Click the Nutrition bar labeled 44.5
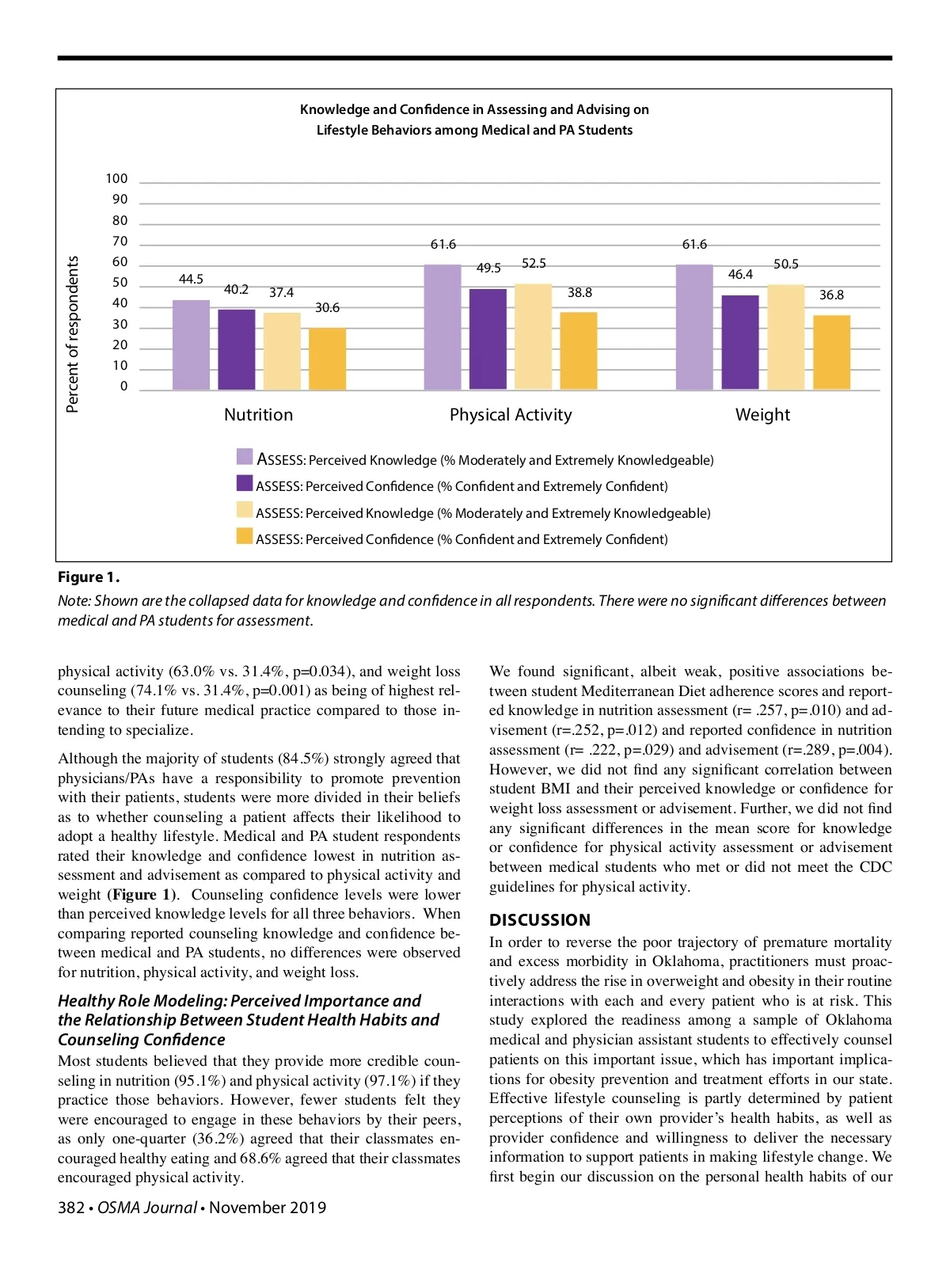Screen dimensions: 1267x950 [191, 345]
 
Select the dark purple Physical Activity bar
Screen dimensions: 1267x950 [488, 339]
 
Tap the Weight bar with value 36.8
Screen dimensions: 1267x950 [831, 352]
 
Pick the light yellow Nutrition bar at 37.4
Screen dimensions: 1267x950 [282, 351]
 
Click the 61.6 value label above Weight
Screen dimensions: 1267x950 [694, 245]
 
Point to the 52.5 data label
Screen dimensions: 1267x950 [534, 264]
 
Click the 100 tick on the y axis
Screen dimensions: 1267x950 [116, 179]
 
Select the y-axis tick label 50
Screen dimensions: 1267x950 [120, 283]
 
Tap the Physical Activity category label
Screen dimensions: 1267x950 [511, 415]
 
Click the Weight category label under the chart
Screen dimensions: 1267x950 [762, 415]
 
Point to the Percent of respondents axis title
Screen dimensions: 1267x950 [73, 333]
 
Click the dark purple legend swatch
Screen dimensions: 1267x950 [245, 483]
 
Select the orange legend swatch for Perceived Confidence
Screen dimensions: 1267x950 [245, 536]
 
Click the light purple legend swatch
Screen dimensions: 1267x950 [245, 457]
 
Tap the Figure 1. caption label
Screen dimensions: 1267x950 [89, 577]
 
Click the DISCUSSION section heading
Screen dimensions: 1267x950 [540, 920]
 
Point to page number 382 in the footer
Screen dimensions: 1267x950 [70, 1208]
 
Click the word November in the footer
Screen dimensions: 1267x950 [245, 1208]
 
